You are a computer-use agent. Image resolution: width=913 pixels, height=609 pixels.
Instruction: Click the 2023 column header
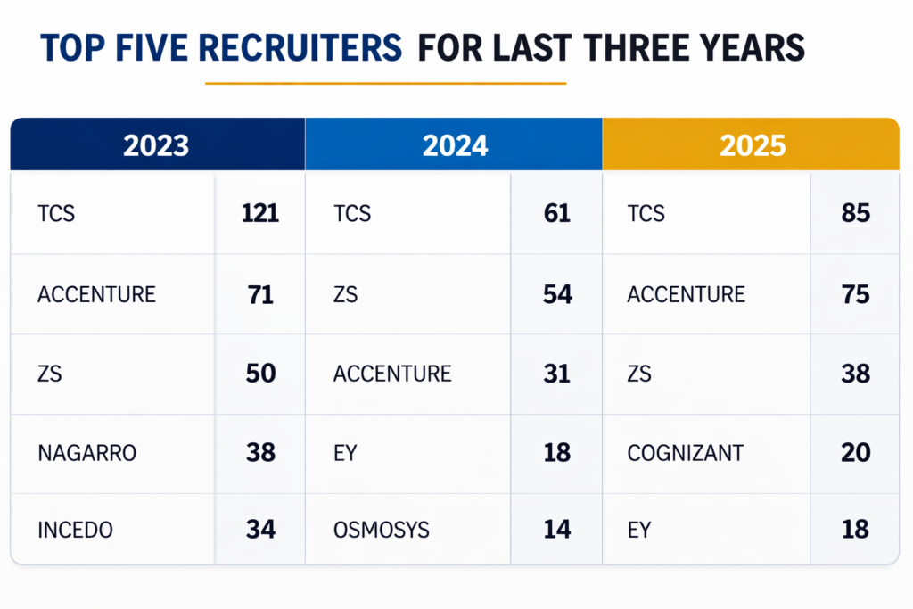click(156, 144)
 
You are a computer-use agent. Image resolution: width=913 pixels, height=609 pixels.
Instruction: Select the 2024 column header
click(455, 144)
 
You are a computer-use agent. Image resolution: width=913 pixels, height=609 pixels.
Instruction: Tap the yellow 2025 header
click(752, 144)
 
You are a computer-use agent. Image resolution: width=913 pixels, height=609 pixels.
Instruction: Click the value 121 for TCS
click(259, 214)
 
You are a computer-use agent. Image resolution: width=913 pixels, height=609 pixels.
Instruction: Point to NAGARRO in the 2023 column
click(86, 453)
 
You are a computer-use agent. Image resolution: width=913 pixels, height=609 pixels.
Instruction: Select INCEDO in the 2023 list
click(75, 530)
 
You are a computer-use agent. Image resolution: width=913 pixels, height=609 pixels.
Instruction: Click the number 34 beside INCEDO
click(260, 530)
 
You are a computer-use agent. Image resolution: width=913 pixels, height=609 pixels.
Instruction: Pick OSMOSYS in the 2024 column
click(381, 530)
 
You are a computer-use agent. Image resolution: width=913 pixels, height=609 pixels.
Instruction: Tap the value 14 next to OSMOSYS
click(557, 530)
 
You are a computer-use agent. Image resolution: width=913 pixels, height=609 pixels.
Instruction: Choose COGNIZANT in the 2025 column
click(685, 453)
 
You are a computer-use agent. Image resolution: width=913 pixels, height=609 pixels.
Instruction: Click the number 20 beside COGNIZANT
click(855, 453)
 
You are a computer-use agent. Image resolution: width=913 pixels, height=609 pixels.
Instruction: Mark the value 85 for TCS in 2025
click(855, 214)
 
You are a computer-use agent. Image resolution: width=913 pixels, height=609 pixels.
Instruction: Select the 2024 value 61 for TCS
click(557, 214)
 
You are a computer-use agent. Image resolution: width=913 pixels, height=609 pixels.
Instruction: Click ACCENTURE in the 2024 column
click(392, 374)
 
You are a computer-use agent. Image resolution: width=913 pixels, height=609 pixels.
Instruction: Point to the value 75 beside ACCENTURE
click(855, 294)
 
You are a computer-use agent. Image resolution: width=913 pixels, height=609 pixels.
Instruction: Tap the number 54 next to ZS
click(557, 294)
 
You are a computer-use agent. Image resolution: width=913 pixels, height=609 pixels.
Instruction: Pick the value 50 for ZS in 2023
click(260, 374)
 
